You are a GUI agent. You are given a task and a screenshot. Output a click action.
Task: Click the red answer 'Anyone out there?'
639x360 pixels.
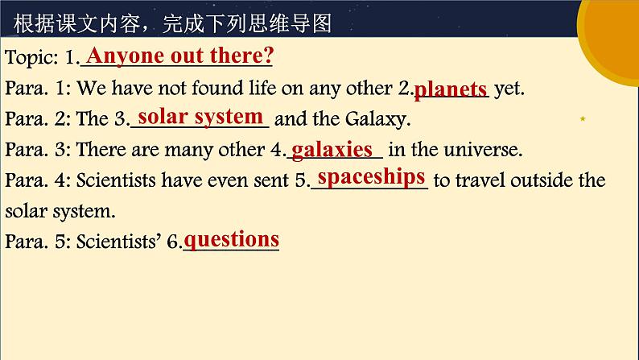[179, 56]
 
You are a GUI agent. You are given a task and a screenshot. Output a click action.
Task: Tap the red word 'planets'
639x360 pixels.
[451, 88]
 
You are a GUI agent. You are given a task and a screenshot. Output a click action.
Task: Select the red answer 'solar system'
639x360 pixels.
[200, 116]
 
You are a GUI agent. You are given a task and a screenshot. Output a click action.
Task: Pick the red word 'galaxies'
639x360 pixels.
[332, 149]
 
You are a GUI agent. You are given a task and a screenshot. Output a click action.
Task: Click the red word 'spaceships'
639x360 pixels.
[371, 176]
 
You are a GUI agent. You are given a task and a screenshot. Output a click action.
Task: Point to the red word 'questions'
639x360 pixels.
[232, 239]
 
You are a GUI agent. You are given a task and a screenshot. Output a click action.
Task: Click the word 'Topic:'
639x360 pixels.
[29, 58]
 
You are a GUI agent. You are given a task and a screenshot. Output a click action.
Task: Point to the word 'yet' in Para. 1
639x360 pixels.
[509, 89]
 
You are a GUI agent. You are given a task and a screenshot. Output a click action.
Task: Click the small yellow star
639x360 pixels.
[583, 119]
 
